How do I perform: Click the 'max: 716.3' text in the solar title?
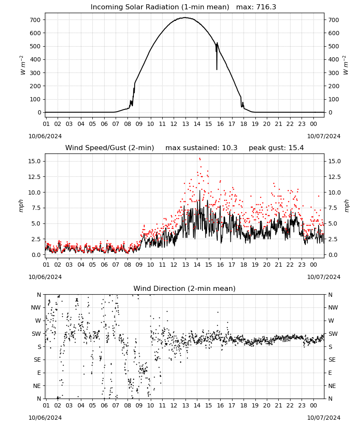[x=256, y=7]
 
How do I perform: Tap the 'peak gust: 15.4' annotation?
[x=276, y=148]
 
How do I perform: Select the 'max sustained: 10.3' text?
[x=201, y=148]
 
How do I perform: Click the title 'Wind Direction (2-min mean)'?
[x=185, y=288]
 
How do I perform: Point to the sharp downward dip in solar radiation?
[x=216, y=69]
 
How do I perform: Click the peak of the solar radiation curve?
[x=185, y=17]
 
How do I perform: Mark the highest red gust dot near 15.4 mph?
[x=199, y=159]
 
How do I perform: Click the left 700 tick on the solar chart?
[x=36, y=20]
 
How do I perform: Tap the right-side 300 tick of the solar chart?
[x=334, y=73]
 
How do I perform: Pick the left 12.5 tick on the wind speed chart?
[x=35, y=177]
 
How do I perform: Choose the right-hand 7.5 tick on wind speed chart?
[x=333, y=208]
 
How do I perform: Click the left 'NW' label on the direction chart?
[x=36, y=308]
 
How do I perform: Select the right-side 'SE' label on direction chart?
[x=332, y=360]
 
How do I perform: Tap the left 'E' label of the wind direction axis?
[x=39, y=373]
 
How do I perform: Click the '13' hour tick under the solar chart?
[x=185, y=124]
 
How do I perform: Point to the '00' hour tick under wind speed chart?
[x=313, y=265]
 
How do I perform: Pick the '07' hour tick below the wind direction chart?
[x=116, y=406]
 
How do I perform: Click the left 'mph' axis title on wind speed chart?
[x=21, y=206]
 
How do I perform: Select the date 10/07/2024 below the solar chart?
[x=324, y=136]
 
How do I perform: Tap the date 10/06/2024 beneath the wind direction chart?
[x=45, y=418]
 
